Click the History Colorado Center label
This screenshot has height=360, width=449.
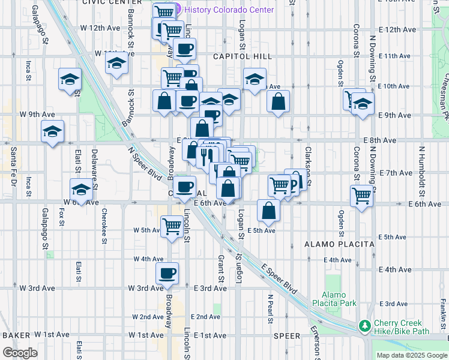click(x=229, y=10)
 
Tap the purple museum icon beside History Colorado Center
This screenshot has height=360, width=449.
click(x=178, y=10)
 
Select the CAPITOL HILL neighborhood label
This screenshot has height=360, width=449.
click(x=243, y=56)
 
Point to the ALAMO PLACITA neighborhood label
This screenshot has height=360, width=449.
click(x=339, y=244)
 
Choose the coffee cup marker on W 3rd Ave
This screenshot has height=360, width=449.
click(x=167, y=274)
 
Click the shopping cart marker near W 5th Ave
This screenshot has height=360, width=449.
click(x=172, y=226)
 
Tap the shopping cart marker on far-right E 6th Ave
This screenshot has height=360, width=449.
click(x=362, y=195)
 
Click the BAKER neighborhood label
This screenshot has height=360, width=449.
click(x=16, y=335)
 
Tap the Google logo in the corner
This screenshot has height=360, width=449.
click(x=20, y=352)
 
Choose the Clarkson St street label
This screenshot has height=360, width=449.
click(x=308, y=162)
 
